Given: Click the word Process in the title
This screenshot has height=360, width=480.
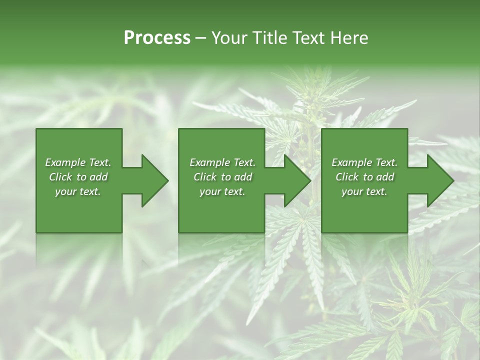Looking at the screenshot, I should click(157, 38).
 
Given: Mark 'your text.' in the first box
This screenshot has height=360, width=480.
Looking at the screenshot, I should click(78, 191).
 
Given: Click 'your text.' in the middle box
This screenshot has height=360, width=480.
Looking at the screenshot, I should click(222, 191).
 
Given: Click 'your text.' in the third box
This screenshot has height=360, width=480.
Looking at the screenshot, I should click(364, 191).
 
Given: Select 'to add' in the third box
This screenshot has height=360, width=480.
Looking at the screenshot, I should click(379, 177).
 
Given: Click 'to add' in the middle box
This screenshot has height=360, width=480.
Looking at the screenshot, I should click(237, 177).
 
